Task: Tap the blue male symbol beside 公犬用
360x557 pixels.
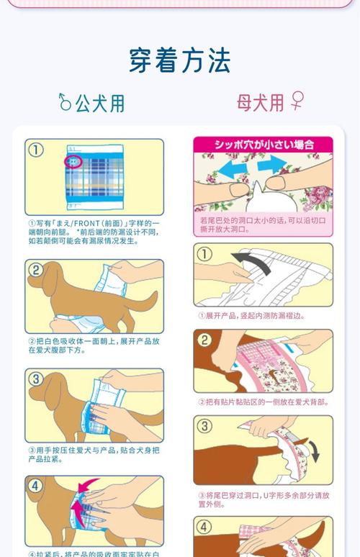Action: coord(65,103)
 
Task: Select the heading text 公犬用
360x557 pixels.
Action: coord(100,104)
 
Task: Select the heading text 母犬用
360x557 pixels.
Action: coord(260,102)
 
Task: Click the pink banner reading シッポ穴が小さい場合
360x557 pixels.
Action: coord(264,144)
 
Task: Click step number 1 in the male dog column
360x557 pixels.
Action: coord(36,150)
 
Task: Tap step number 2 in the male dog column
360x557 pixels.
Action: coord(36,271)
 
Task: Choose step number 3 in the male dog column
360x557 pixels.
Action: coord(36,379)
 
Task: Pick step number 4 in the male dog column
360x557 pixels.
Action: coord(36,486)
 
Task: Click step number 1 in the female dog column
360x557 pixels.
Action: coord(205,254)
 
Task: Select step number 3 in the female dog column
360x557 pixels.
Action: coord(205,426)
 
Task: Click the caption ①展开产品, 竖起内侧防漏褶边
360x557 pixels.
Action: coord(251,315)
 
